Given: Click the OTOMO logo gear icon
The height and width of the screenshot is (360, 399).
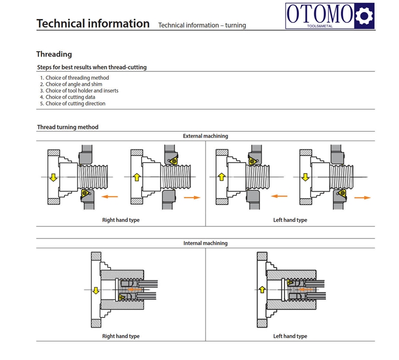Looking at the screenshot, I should coord(364,16).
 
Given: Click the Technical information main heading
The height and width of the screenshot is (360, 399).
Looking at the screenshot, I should coord(93,23).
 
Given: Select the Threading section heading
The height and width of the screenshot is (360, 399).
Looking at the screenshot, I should coord(54,54).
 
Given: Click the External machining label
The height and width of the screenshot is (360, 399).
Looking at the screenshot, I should coord(205,136).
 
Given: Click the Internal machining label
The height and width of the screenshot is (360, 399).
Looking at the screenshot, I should coord(205,243).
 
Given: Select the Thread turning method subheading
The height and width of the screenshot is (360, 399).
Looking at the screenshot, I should coord(68,127).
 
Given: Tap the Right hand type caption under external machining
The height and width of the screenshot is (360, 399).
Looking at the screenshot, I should coord(121,220).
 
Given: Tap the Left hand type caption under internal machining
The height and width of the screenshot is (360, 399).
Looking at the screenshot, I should coord(290,336).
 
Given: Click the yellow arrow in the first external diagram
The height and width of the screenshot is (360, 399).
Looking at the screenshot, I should coord(53,177).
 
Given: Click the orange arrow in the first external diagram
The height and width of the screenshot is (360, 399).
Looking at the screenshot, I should coord(109,197).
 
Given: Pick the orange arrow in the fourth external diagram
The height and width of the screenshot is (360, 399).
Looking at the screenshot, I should coord(362,197).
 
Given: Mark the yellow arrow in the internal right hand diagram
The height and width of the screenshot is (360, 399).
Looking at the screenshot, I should coord(96,290).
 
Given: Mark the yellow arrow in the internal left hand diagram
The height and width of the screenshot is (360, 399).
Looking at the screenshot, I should coord(262,289).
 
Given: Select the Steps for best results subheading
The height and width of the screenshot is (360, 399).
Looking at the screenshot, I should coord(92,68).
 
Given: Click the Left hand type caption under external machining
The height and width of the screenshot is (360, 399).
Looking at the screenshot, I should coord(290,220).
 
